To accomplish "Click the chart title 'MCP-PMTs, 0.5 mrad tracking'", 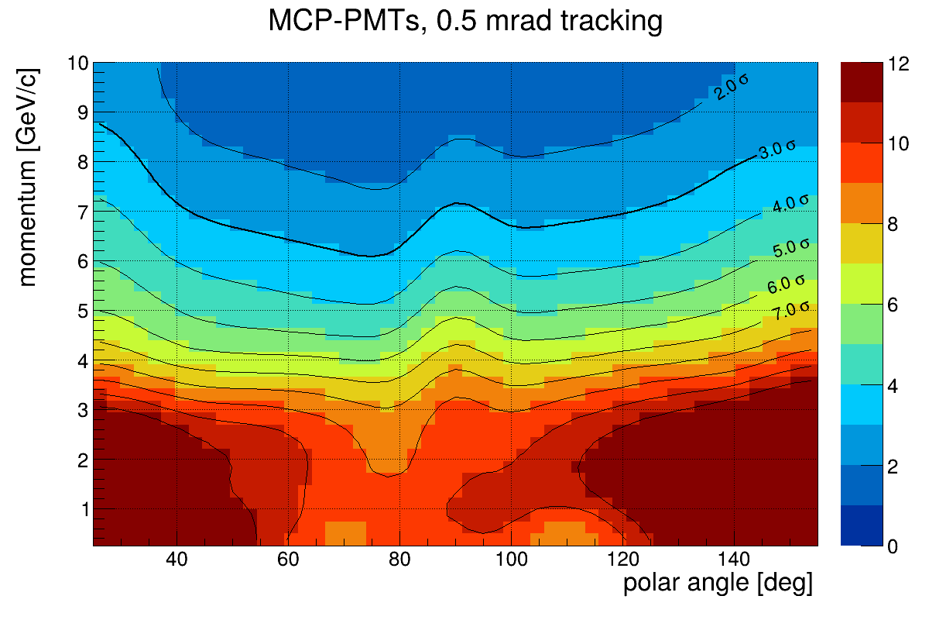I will (x=464, y=21).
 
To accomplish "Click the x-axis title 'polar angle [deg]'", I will (x=718, y=584).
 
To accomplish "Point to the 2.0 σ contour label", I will (x=732, y=87).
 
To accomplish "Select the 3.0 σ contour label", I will (x=776, y=150).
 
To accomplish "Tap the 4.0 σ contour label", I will (x=790, y=205).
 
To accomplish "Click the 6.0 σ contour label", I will (x=787, y=284).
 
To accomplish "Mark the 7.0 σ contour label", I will (x=790, y=311).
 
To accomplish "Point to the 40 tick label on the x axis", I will (x=177, y=560).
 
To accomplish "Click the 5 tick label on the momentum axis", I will (x=79, y=312).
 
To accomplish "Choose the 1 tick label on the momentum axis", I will (x=79, y=510).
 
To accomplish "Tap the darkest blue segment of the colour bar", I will (x=859, y=526).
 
